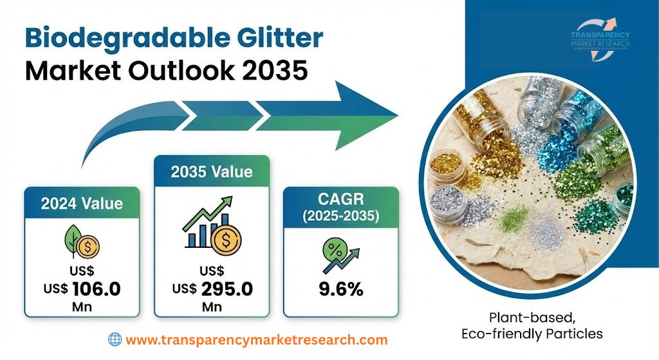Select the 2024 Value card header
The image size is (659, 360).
[x=82, y=204]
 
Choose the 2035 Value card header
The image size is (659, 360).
[x=211, y=172]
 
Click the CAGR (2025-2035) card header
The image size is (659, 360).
[x=340, y=205]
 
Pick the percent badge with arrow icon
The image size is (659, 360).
[x=339, y=252]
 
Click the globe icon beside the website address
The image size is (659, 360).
[x=115, y=339]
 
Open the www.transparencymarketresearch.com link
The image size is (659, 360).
[x=256, y=340]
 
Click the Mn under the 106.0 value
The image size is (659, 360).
[x=81, y=307]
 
